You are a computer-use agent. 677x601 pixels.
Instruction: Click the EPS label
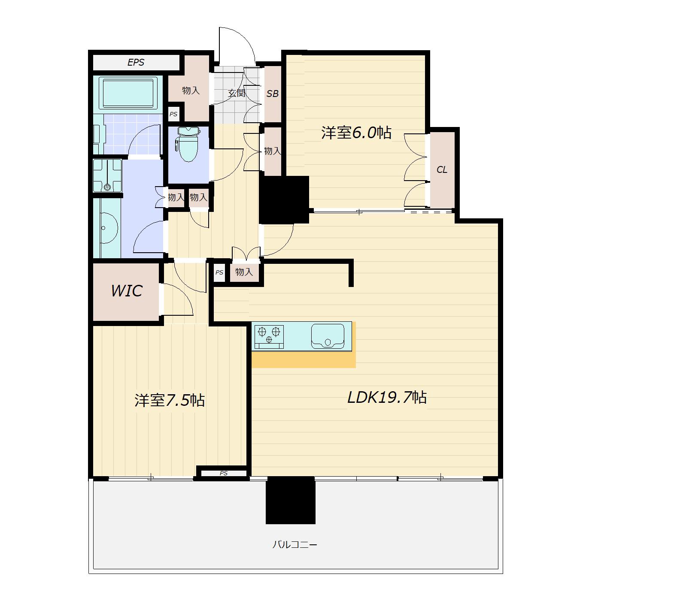pyautogui.click(x=136, y=62)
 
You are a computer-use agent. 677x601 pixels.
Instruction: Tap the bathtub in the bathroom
pyautogui.click(x=128, y=93)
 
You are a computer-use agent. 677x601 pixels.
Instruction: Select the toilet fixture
pyautogui.click(x=188, y=144)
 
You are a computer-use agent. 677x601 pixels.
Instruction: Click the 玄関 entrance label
pyautogui.click(x=237, y=93)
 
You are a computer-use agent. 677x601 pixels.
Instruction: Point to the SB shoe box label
pyautogui.click(x=273, y=94)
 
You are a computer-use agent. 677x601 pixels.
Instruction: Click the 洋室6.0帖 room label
pyautogui.click(x=356, y=133)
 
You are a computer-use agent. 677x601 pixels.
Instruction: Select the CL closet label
pyautogui.click(x=442, y=170)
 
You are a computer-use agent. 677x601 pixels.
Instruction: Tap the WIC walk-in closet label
pyautogui.click(x=127, y=291)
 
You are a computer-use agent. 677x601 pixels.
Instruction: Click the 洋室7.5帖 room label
pyautogui.click(x=170, y=400)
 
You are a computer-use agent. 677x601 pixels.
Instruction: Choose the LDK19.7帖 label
pyautogui.click(x=387, y=398)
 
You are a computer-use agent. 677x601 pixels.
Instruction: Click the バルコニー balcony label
pyautogui.click(x=295, y=545)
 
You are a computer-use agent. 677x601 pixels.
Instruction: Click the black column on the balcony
pyautogui.click(x=291, y=500)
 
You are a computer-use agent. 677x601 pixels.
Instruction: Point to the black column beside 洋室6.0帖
pyautogui.click(x=284, y=200)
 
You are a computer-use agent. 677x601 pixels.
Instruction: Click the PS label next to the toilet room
pyautogui.click(x=173, y=114)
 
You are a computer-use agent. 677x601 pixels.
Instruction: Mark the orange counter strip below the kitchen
pyautogui.click(x=304, y=359)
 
